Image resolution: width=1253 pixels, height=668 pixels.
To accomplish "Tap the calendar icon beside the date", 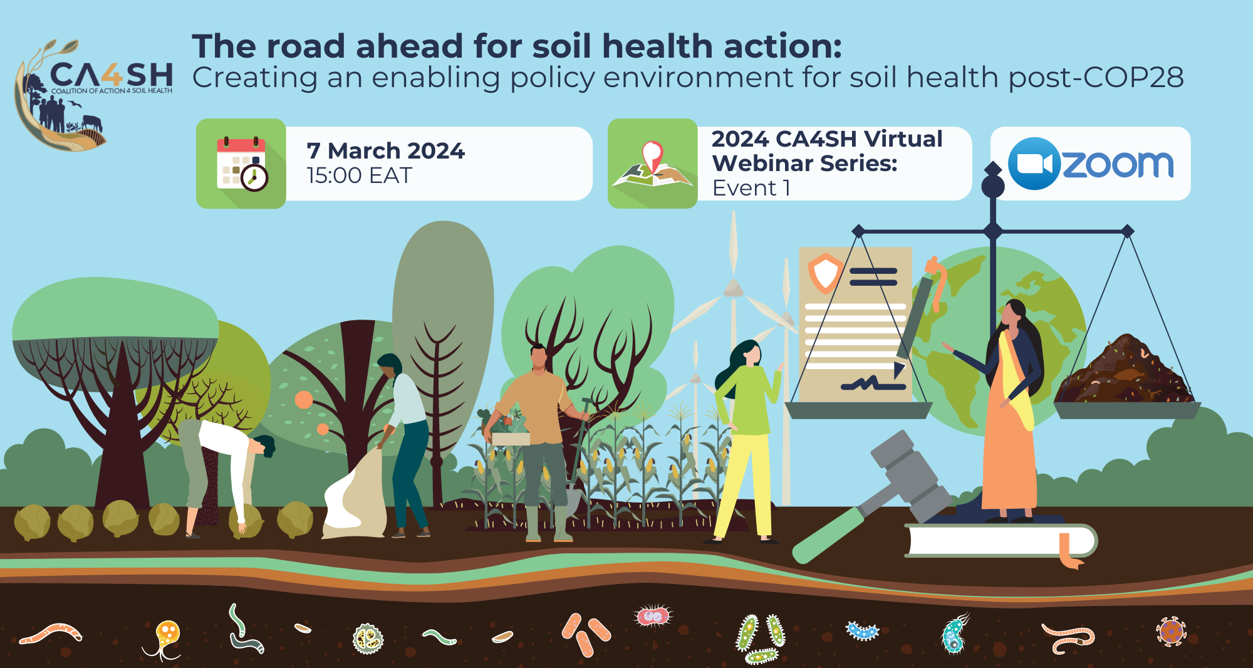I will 241,164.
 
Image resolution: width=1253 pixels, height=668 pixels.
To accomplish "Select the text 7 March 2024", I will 385,151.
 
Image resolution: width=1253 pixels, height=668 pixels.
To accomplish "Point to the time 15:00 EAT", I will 359,176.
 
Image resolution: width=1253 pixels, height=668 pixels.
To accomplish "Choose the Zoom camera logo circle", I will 1034,164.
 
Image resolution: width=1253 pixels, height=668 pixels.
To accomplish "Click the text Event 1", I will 751,188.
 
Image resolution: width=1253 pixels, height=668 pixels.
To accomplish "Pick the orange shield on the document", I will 825,273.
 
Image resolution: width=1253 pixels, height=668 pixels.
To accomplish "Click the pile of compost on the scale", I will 1125,373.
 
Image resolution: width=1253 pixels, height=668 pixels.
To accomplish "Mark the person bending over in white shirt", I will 226,464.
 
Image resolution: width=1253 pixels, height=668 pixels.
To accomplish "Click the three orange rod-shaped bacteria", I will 585,633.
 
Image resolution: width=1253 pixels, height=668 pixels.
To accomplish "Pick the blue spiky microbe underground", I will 862,630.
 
